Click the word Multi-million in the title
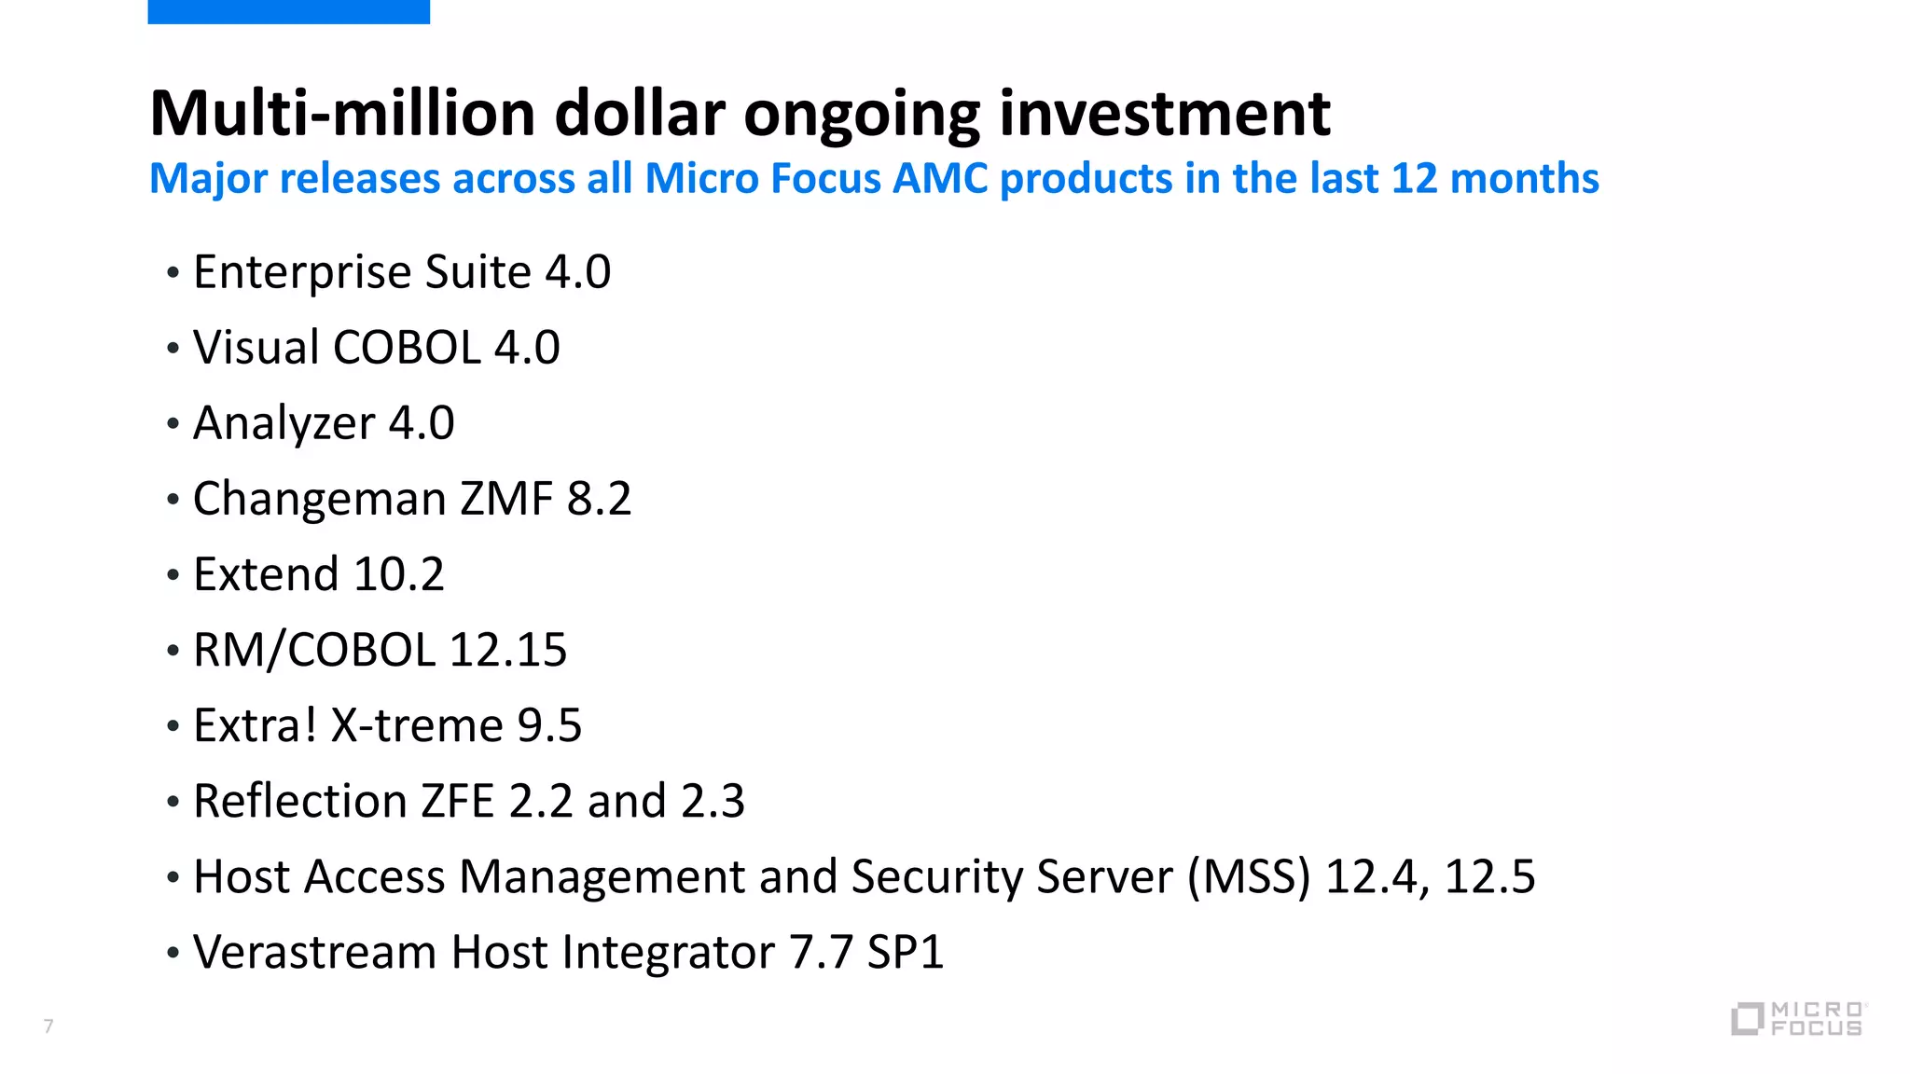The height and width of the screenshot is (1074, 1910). (342, 114)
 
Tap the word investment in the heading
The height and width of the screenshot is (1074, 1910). (1164, 114)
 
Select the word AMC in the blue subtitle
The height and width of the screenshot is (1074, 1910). (940, 178)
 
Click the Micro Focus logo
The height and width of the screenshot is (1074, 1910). (1797, 1018)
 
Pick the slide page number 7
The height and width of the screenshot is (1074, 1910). (48, 1026)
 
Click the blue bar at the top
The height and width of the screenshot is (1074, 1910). (288, 11)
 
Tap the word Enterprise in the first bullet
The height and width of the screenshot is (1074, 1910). (302, 273)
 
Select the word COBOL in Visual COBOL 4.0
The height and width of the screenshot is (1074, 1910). (407, 348)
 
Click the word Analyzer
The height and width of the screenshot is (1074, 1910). (284, 424)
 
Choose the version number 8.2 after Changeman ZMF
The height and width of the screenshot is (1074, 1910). (599, 499)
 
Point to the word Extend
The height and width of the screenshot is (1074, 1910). (266, 574)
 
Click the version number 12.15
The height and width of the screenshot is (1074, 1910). (507, 650)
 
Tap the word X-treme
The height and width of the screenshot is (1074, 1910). (417, 725)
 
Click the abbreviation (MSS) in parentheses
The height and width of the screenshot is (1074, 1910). (1249, 877)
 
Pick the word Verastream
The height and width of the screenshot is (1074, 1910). (314, 953)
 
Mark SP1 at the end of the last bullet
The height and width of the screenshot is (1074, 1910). (905, 953)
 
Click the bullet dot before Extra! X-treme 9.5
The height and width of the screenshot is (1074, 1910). (173, 726)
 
